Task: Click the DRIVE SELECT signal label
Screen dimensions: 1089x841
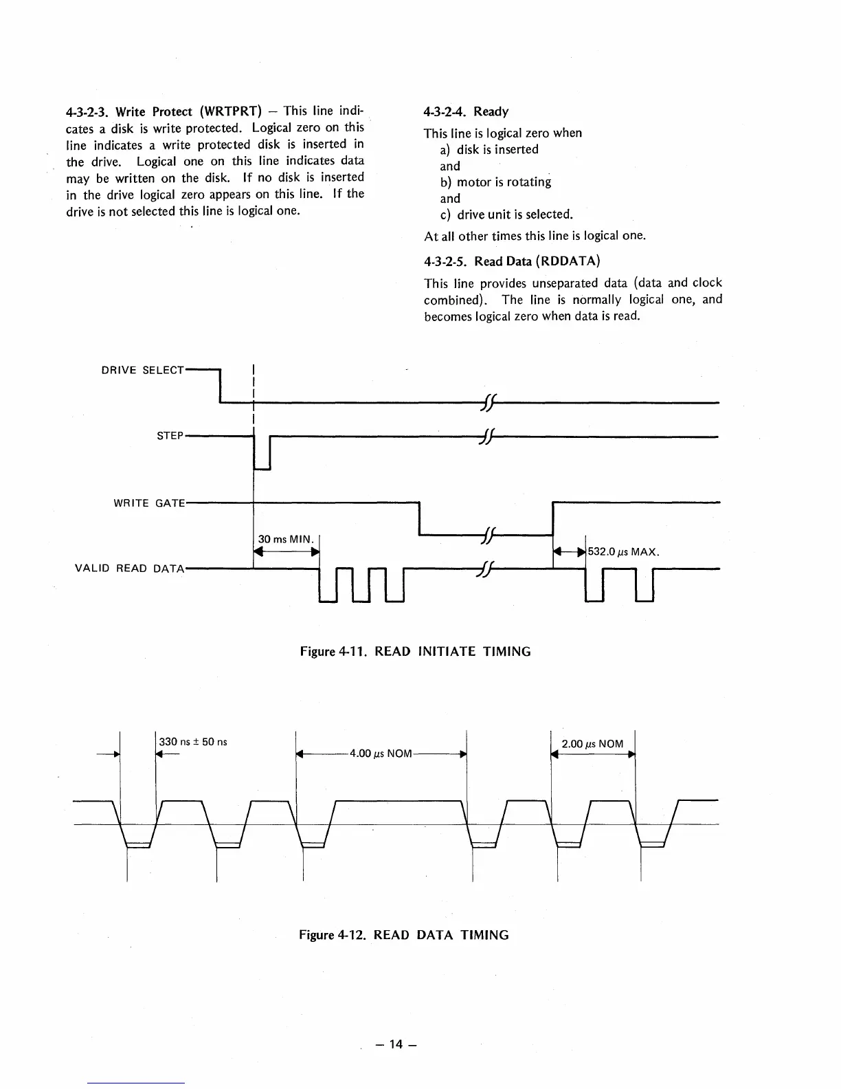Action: tap(142, 370)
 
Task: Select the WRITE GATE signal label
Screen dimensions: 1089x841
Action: tap(149, 503)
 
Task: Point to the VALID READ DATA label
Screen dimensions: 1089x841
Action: tap(129, 569)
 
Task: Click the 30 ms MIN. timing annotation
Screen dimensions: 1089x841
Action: tap(285, 539)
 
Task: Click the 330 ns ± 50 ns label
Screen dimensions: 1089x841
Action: tap(193, 742)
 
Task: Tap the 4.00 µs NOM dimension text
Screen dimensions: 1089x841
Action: tap(381, 753)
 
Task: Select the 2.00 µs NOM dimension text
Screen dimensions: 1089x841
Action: tap(592, 744)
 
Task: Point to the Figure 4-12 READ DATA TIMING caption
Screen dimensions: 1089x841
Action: tap(404, 935)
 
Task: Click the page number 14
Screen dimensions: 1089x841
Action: tap(394, 1044)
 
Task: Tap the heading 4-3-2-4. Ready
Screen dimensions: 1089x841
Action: tap(466, 111)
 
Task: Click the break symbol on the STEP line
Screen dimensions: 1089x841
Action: tap(487, 436)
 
